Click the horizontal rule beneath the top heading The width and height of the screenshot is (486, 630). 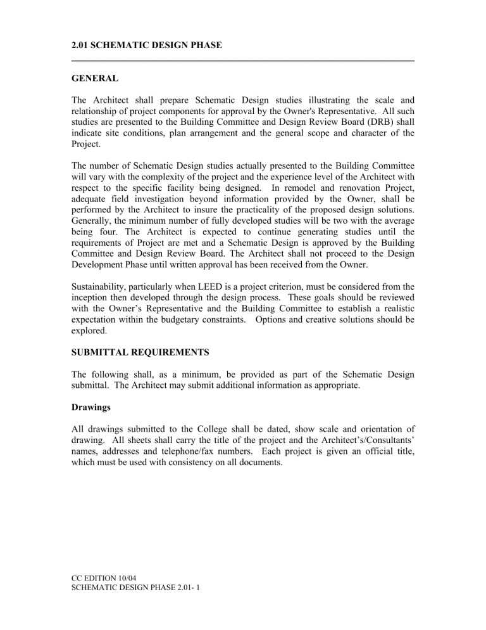(242, 61)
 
